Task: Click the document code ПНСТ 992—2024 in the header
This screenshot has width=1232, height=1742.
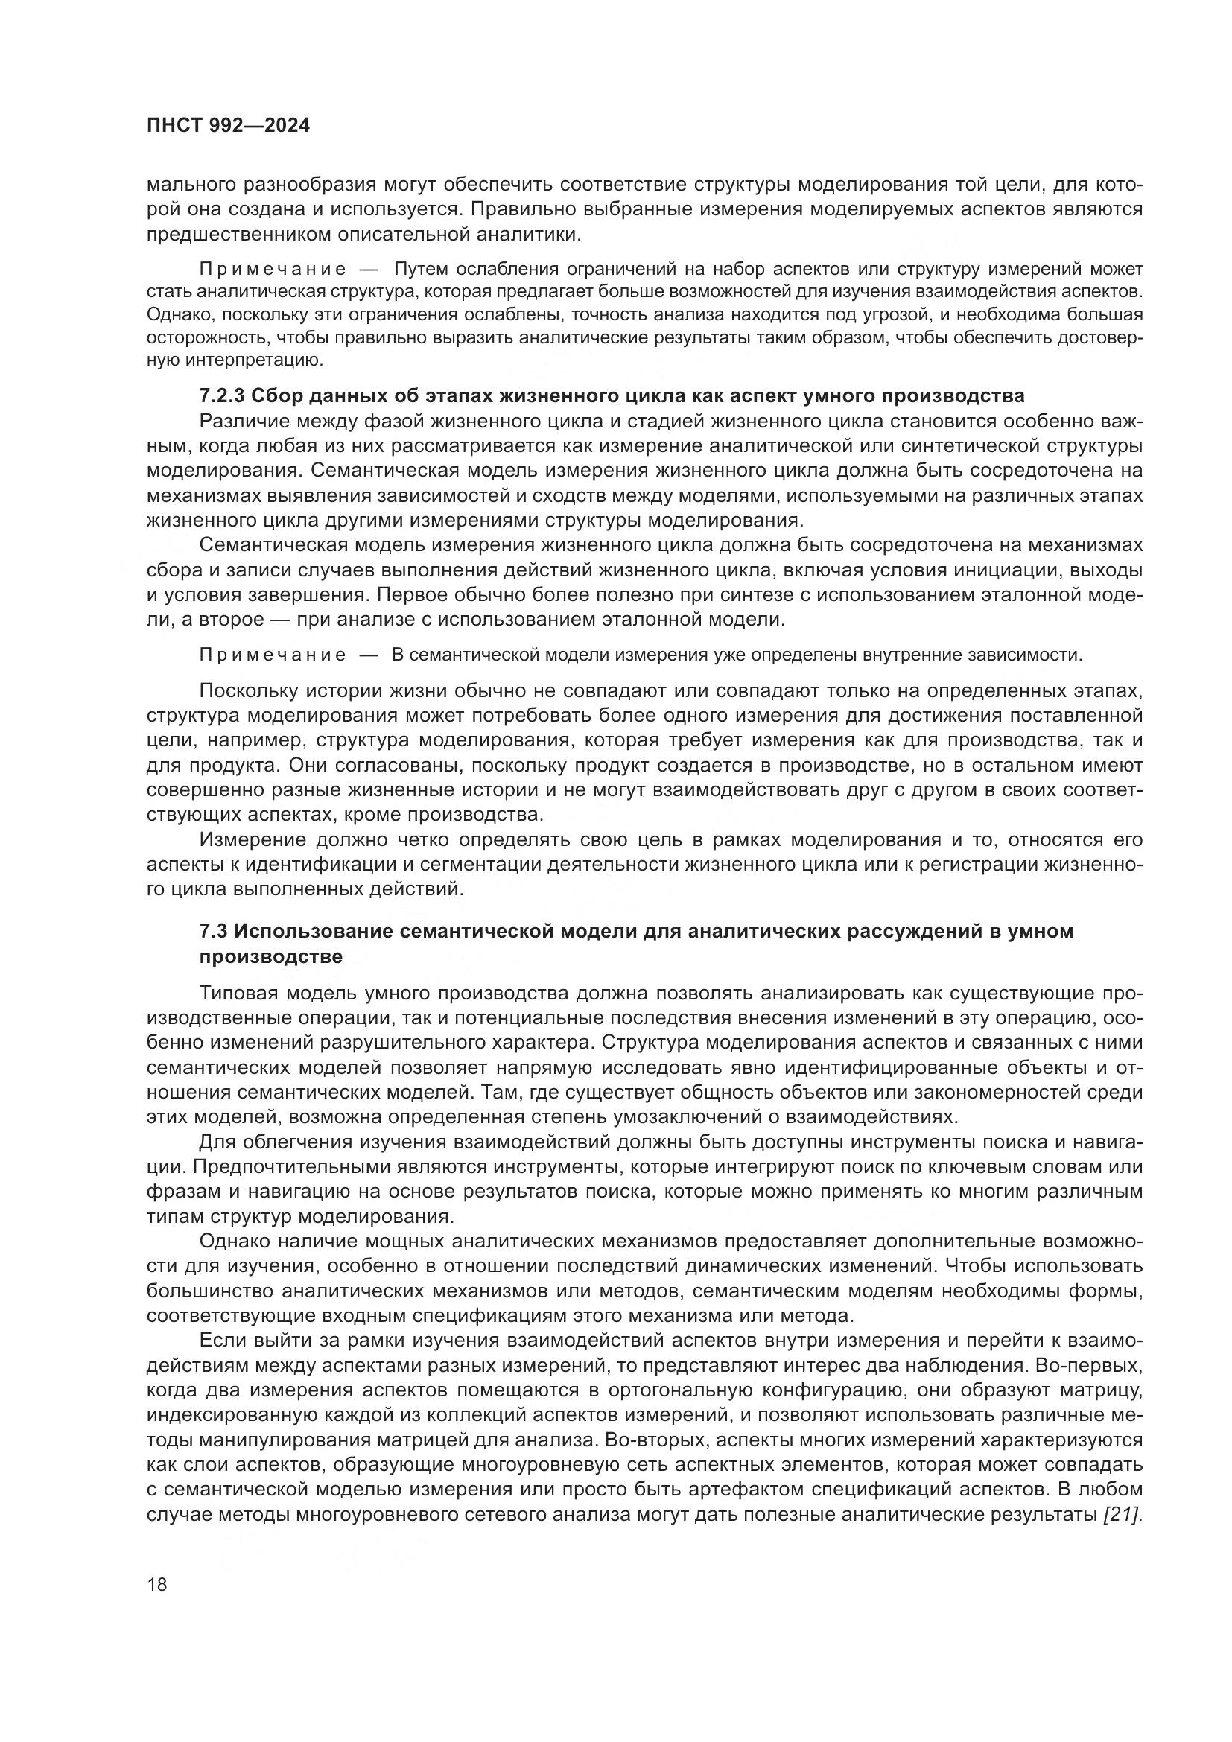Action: (x=228, y=126)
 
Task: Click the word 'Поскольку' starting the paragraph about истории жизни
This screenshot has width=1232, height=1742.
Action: (x=249, y=691)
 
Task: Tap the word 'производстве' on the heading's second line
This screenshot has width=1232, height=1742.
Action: (x=271, y=957)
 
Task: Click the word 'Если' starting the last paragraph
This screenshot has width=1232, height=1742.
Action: (x=220, y=1341)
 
